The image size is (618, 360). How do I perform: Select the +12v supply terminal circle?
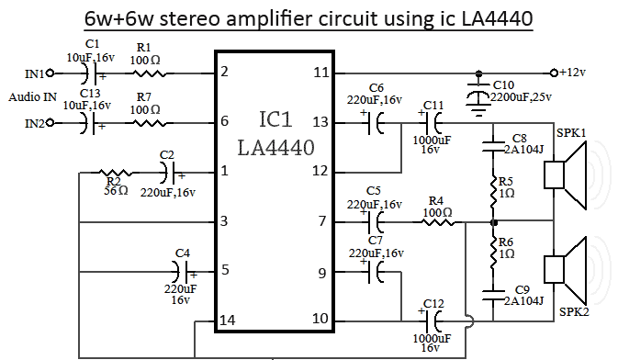(554, 73)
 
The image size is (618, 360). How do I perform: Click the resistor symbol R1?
(148, 73)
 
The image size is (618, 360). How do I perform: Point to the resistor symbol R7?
(148, 123)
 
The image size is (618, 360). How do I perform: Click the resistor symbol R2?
(115, 173)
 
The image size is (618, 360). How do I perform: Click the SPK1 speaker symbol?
(565, 175)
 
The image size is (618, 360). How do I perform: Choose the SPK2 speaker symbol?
(565, 270)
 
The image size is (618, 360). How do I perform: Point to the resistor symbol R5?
(493, 192)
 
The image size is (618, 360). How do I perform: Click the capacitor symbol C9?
(493, 295)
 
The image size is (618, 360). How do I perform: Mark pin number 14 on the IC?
(228, 321)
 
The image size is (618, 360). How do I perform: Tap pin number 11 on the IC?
(321, 73)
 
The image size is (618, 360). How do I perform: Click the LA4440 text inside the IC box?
(275, 148)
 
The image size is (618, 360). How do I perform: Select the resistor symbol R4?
(438, 222)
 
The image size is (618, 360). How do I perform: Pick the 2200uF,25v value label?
(521, 97)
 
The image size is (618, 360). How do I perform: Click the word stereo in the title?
(189, 18)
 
